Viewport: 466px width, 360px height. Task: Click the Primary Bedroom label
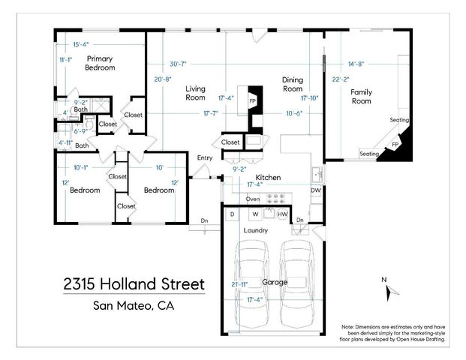point(100,63)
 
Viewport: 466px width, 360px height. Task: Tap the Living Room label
point(195,93)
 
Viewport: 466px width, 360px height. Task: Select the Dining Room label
point(292,84)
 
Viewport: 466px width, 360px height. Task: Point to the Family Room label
point(361,97)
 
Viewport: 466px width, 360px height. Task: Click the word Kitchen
point(269,177)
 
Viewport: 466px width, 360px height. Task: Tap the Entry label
point(204,157)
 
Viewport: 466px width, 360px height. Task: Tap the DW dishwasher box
point(316,190)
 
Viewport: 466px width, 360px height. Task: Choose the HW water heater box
point(282,214)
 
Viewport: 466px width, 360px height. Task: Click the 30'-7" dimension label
point(179,64)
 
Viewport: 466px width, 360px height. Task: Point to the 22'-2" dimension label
point(341,78)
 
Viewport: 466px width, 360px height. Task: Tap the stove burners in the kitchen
point(278,199)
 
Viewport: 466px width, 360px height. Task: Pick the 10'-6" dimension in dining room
point(294,113)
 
